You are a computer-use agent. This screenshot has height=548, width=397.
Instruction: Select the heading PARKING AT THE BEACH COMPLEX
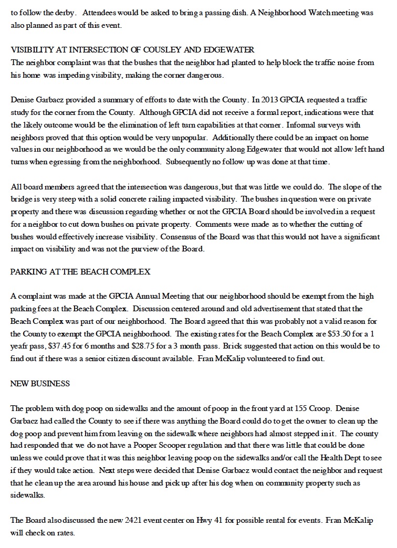coord(80,272)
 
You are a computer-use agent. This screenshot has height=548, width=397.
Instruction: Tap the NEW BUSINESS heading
coord(40,384)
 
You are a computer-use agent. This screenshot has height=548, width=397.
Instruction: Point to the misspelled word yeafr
coord(19,346)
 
